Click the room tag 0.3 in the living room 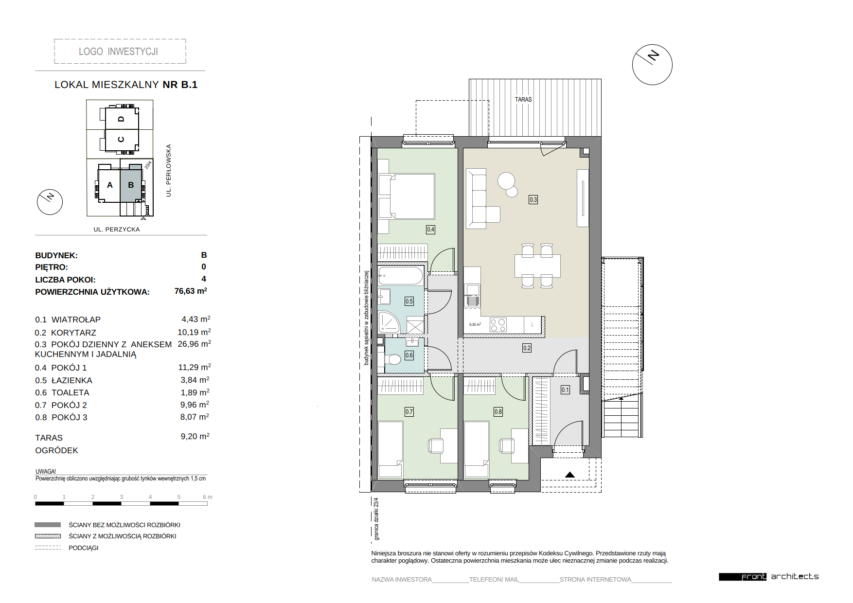coord(533,199)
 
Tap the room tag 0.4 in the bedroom coord(430,230)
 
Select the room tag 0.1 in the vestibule coord(565,390)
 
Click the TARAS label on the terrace coord(523,99)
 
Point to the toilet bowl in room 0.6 coord(393,359)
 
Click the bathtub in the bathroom coord(401,276)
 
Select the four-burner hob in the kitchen coord(498,325)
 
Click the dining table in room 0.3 coord(537,266)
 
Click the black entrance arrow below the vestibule coord(570,475)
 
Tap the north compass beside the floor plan coord(652,65)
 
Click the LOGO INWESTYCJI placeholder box coord(120,52)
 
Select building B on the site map coord(131,185)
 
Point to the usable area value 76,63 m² coord(191,291)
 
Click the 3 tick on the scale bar coord(122,497)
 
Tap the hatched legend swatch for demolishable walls coord(48,536)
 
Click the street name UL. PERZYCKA coord(117,230)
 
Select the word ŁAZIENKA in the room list coord(71,380)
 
